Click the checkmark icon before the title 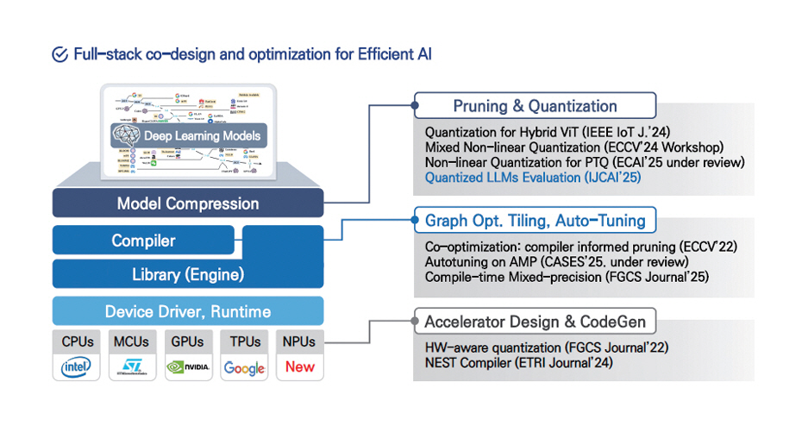click(60, 54)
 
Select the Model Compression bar click(187, 203)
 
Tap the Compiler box click(143, 241)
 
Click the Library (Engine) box click(187, 275)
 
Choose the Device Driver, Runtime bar click(187, 311)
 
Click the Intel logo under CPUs click(77, 367)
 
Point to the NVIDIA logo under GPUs click(187, 367)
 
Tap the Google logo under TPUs click(244, 368)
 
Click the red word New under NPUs click(299, 367)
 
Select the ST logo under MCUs click(132, 368)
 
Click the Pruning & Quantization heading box click(535, 107)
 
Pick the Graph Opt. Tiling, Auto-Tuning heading click(535, 221)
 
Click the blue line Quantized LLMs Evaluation click(533, 178)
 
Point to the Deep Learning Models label click(201, 136)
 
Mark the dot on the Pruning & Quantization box click(415, 107)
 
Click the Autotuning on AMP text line click(556, 262)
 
